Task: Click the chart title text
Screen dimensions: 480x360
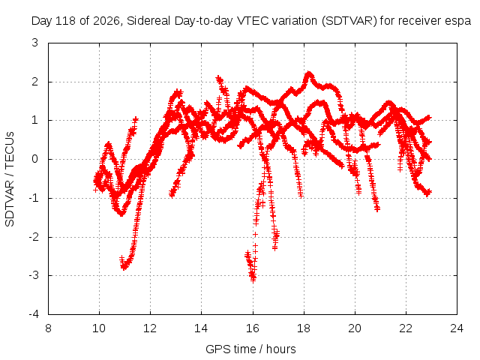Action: [251, 21]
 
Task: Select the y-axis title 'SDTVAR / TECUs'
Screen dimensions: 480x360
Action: [10, 179]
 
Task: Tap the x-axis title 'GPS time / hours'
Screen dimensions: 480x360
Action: [250, 349]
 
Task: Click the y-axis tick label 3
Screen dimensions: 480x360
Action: [35, 43]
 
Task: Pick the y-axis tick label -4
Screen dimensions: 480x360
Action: [34, 313]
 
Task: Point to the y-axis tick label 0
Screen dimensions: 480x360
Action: [35, 159]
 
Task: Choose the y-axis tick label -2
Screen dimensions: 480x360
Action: [34, 237]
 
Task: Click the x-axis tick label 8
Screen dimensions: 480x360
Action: [48, 328]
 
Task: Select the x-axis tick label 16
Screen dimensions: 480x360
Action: [253, 328]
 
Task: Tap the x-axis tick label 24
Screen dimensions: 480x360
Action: [457, 328]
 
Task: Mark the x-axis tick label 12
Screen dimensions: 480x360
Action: [150, 328]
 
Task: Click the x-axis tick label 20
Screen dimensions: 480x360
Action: [355, 328]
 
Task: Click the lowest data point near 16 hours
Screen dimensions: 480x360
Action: [253, 280]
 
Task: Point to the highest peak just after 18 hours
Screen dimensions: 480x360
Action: [308, 73]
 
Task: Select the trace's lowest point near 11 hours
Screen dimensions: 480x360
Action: [124, 268]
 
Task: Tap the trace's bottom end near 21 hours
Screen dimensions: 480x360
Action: [377, 209]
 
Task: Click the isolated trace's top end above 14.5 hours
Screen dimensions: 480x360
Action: [218, 78]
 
